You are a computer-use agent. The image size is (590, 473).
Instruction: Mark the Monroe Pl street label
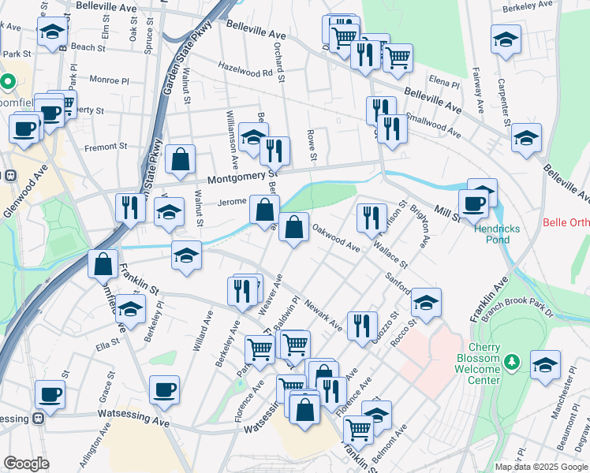tap(109, 80)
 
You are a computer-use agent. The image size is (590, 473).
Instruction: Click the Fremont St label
tap(106, 147)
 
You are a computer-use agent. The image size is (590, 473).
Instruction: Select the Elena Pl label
tap(445, 83)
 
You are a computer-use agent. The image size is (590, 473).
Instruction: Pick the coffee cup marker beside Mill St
tap(473, 203)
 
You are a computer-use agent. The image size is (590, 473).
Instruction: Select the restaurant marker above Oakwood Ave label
tap(372, 217)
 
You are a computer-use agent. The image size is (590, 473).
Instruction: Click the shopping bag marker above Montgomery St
tap(181, 158)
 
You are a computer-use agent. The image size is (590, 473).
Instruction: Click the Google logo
tap(27, 464)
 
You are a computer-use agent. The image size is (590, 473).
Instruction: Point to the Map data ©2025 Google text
tap(541, 467)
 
